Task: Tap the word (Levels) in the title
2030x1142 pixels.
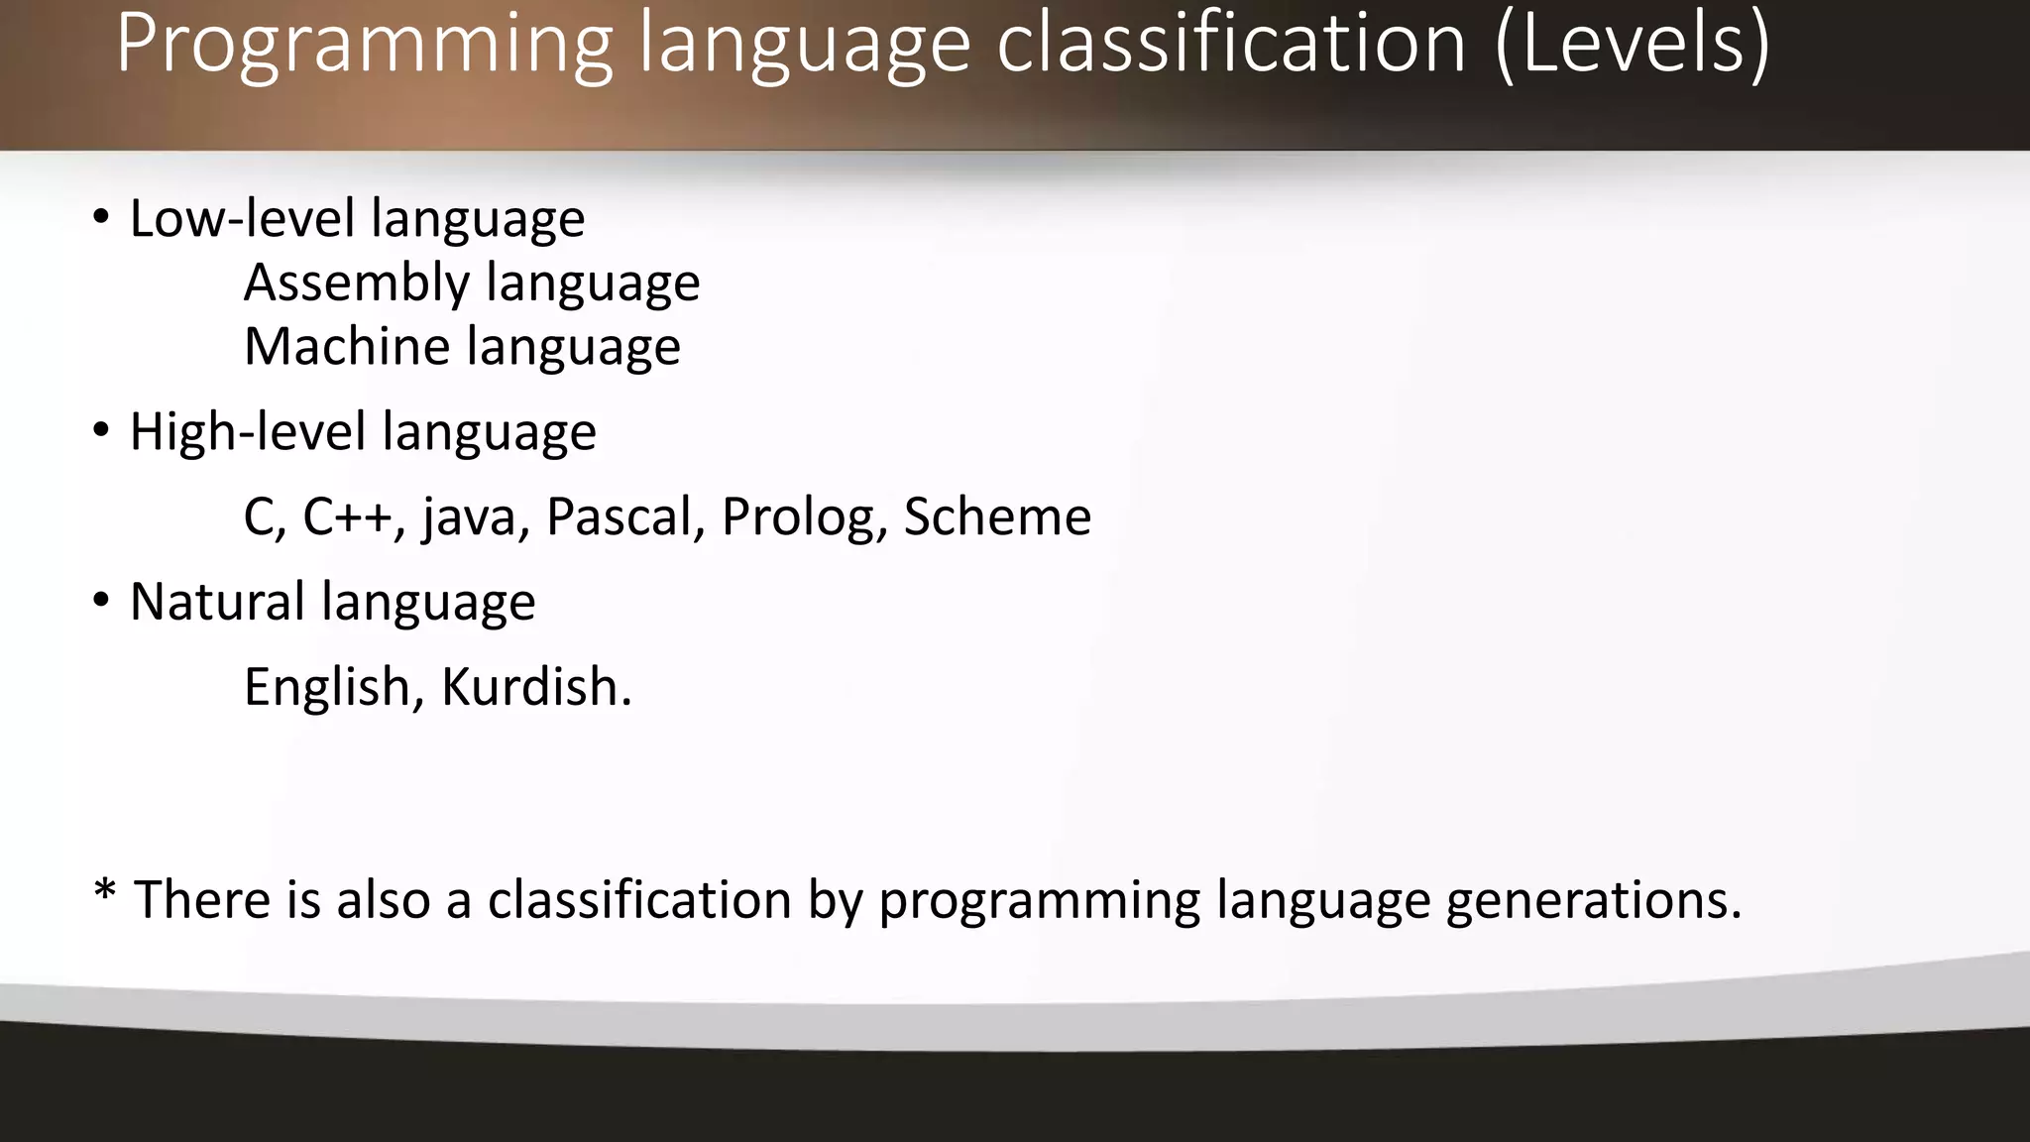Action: [x=1631, y=44]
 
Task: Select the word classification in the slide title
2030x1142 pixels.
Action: [x=1230, y=44]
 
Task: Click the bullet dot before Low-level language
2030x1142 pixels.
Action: [x=100, y=217]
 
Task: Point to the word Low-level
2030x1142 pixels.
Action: [x=242, y=218]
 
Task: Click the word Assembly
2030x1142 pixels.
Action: [x=356, y=284]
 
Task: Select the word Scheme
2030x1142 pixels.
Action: [x=997, y=516]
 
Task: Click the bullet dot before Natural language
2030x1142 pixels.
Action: [x=100, y=601]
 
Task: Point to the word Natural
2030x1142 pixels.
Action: [x=217, y=602]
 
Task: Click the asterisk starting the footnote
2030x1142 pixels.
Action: [x=104, y=891]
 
